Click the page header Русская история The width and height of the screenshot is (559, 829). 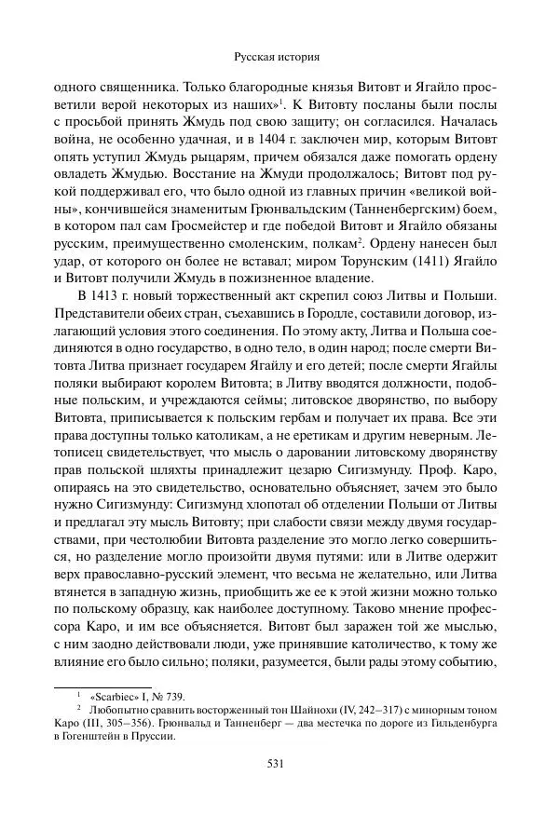(279, 55)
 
